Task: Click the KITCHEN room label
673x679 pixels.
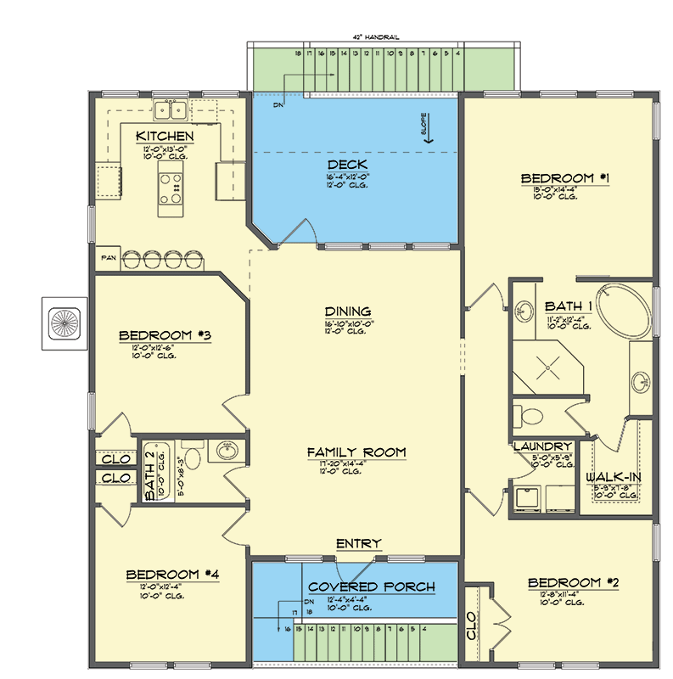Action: coord(165,136)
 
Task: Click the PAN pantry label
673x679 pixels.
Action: coord(108,255)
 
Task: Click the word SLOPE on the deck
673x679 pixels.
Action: coord(429,124)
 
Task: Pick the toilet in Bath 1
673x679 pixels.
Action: coord(531,416)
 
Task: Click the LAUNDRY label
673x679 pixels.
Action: coord(541,446)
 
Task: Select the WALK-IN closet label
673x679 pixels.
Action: coord(613,477)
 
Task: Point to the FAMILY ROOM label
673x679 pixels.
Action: coord(356,452)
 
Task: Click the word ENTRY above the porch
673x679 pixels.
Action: coord(358,543)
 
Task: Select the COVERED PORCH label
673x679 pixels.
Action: coord(372,586)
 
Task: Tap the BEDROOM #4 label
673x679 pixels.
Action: coord(173,575)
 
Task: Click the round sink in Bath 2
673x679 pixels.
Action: coord(225,452)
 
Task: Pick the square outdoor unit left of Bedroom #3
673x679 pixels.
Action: coord(64,323)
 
